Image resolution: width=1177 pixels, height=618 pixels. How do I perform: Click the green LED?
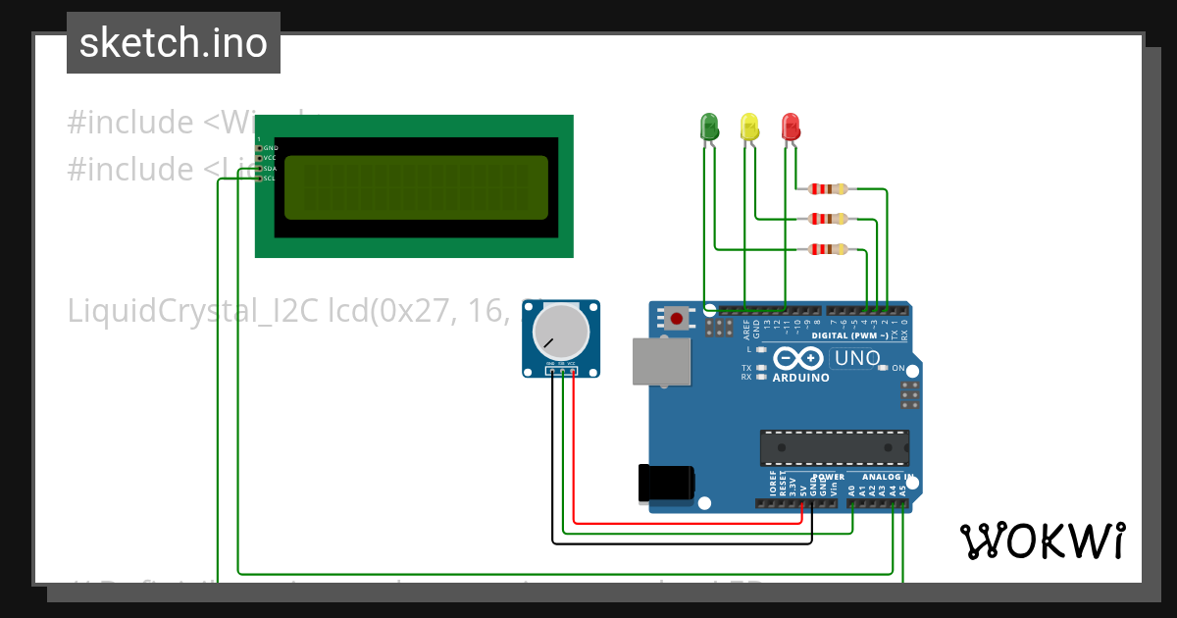pos(709,126)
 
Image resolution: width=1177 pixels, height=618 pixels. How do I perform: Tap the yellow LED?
pos(749,126)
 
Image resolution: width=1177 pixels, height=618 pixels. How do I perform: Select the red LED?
pos(791,126)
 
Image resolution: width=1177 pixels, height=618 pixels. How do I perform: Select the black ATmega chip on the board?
pos(834,447)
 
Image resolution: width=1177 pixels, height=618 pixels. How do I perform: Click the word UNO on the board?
pos(857,359)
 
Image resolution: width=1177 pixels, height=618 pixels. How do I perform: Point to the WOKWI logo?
pos(1042,541)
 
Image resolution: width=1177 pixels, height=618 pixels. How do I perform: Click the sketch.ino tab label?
pos(174,43)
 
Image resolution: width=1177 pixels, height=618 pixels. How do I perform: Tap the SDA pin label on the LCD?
pos(270,169)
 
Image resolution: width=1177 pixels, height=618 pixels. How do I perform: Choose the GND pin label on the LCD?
pos(271,148)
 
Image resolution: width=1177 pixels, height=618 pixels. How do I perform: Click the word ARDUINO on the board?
pos(800,378)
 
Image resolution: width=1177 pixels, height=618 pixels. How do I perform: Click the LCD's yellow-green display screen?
pos(416,187)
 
